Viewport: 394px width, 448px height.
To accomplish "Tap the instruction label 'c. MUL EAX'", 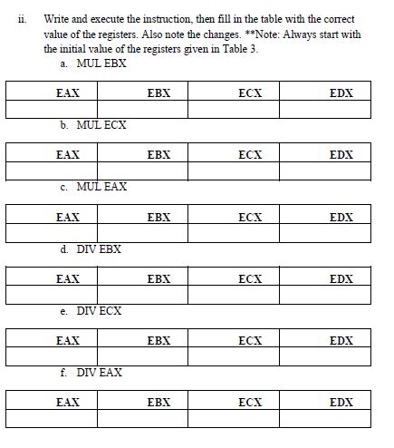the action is point(93,187).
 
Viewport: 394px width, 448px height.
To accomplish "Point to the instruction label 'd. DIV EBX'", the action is point(91,248).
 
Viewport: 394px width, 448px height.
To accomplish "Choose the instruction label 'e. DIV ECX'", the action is point(91,311).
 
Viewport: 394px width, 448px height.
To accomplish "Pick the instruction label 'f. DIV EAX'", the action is point(91,373).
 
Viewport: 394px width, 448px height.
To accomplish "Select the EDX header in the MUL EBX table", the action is point(341,93).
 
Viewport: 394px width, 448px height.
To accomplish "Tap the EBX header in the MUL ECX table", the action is point(159,155).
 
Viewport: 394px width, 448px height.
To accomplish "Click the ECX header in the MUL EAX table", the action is point(250,217).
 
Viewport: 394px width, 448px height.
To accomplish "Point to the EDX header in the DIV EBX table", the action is point(341,278).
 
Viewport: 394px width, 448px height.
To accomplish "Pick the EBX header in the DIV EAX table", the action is point(159,402).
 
